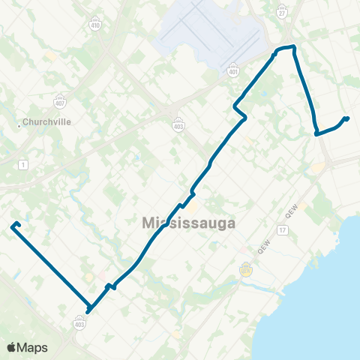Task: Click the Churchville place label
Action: [x=46, y=121]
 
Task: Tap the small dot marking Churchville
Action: [x=19, y=125]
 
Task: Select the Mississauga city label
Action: [x=188, y=223]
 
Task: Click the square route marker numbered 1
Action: [x=25, y=164]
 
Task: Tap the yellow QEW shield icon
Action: [x=244, y=268]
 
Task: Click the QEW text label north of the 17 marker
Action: [x=292, y=208]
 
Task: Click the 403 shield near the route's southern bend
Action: [x=79, y=323]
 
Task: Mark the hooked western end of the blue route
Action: [x=15, y=224]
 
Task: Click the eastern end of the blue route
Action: [x=347, y=118]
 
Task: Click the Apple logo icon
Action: [x=12, y=346]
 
